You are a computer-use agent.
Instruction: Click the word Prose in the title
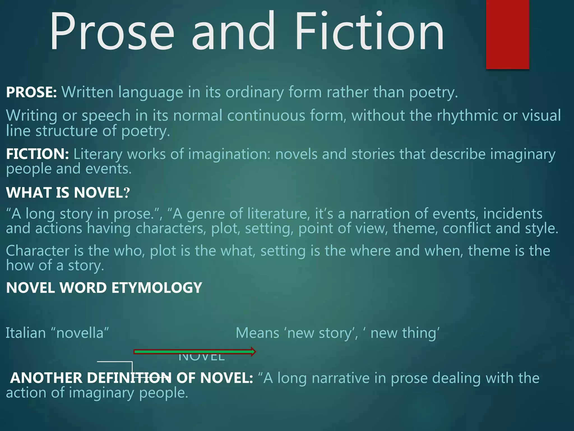(x=112, y=31)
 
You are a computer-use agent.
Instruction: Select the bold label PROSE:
(x=31, y=92)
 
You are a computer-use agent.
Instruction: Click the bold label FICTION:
(x=38, y=154)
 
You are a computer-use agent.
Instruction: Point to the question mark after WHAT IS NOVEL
(x=127, y=193)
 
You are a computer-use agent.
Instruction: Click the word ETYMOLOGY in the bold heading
(x=157, y=288)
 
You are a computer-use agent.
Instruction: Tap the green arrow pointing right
(x=195, y=352)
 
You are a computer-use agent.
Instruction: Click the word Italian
(x=26, y=333)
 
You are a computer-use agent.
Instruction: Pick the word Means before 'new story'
(x=257, y=333)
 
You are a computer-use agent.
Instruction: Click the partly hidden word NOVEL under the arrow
(x=202, y=358)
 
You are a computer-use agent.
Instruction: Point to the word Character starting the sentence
(x=38, y=251)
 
